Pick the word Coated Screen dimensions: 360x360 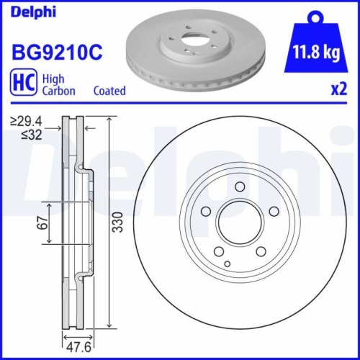pos(109,91)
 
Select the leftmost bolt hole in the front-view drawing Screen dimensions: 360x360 pos(205,211)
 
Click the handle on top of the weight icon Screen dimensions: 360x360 pos(315,16)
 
